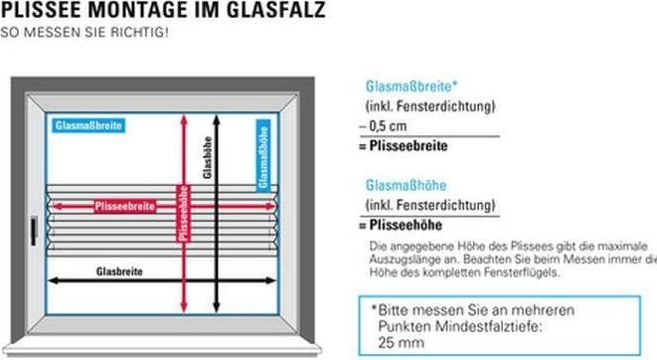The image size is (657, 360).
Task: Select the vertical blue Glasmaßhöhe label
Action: pos(263,155)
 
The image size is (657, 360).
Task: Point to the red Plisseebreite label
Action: pos(125,207)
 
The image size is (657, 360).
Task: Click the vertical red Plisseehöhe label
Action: pos(182,213)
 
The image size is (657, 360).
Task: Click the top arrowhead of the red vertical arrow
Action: pos(182,115)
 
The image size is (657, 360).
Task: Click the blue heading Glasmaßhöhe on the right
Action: pos(406,185)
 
